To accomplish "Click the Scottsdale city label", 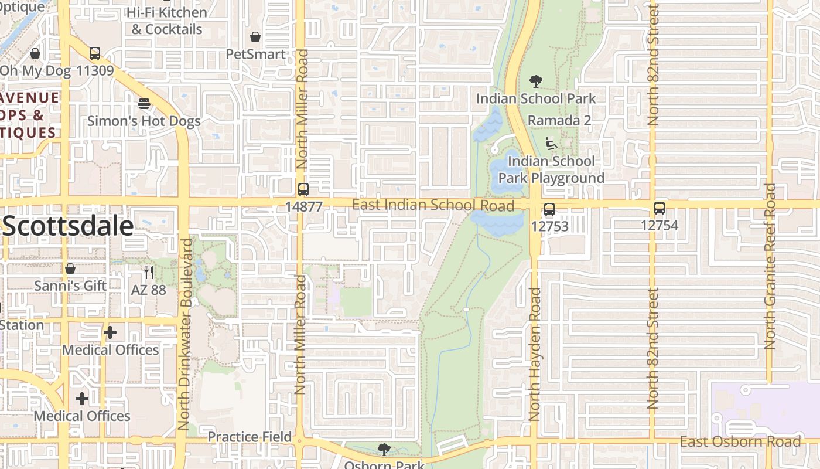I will click(x=68, y=226).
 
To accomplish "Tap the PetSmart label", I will click(x=256, y=55).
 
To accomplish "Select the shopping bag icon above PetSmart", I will click(x=255, y=38).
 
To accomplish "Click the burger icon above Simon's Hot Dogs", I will click(x=144, y=104).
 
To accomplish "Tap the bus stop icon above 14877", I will click(x=303, y=189).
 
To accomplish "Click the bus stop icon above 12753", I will click(x=549, y=209).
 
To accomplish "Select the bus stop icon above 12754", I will click(x=660, y=208).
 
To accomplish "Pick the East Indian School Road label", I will click(x=433, y=205).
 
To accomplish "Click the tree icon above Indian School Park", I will click(x=535, y=81).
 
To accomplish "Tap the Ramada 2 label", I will click(x=559, y=120).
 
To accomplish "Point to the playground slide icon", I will click(x=549, y=144).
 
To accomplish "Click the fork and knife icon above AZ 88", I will click(x=148, y=273).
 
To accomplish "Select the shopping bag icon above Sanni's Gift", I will click(x=70, y=269).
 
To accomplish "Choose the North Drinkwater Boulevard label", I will click(x=185, y=334).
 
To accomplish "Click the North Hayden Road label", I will click(x=534, y=354).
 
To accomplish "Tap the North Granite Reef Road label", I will click(x=770, y=267).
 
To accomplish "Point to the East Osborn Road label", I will click(x=740, y=441).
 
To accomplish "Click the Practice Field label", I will click(x=250, y=437).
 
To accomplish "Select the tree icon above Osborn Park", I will click(x=384, y=450).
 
